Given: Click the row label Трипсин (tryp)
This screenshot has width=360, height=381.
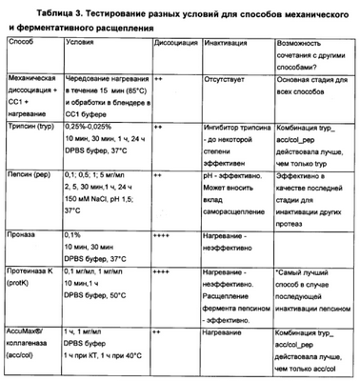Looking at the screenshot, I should coord(30,125).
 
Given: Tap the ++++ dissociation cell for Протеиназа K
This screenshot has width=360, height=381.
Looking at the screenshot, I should coord(161,271).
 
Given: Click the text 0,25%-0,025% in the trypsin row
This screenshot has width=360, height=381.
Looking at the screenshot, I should coord(95,125).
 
